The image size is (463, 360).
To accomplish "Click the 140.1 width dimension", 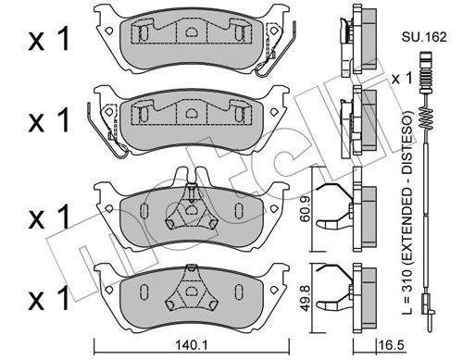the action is (192, 345).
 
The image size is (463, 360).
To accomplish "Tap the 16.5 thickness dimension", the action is (391, 345).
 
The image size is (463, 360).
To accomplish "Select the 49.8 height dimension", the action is (305, 298).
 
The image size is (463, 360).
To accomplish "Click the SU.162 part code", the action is (424, 37).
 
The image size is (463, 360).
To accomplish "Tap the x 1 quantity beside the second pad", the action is (49, 121).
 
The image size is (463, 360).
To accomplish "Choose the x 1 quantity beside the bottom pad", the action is (49, 297).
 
